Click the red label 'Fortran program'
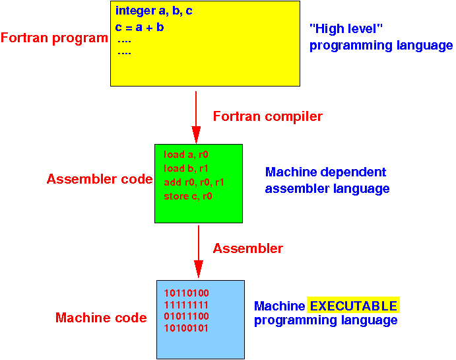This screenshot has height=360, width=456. pos(54,38)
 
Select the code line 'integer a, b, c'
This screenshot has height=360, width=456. pos(154,11)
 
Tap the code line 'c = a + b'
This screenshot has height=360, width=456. pos(139,27)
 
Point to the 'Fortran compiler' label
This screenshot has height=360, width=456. pos(267,117)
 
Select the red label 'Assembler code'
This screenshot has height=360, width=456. pos(100,179)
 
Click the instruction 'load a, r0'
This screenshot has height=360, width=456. pos(186,155)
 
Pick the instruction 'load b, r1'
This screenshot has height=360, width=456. pos(186,168)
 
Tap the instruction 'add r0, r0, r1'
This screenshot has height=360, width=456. pos(194,182)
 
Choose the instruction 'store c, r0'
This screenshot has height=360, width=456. pos(188,196)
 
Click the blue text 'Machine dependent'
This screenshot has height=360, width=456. pos(325,172)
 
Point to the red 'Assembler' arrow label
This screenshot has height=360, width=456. pos(247,249)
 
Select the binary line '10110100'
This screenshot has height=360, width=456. pos(186,293)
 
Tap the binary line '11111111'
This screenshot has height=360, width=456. pos(186,305)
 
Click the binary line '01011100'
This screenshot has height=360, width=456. pos(186,316)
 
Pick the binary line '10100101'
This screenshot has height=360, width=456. pos(186,328)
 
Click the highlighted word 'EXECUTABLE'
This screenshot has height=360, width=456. pos(354,306)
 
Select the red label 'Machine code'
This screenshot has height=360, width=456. pos(101,318)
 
